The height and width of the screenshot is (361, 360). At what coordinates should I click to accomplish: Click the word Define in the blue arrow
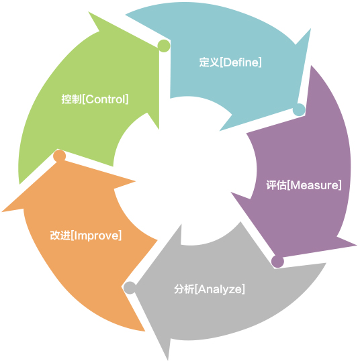[x=240, y=62]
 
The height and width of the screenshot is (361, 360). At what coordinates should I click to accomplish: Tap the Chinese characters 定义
[x=209, y=62]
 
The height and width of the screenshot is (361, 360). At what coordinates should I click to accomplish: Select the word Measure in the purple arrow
[x=314, y=185]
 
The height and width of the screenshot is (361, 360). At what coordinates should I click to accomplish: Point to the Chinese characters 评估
[x=276, y=185]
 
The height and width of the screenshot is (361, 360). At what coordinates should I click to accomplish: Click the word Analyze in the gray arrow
[x=220, y=289]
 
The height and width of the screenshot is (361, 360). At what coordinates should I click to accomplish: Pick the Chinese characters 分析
[x=184, y=289]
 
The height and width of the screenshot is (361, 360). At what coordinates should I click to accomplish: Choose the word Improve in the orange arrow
[x=96, y=236]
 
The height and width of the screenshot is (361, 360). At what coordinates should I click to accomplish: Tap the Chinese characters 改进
[x=60, y=236]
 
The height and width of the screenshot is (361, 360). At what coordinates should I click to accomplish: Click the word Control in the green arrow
[x=105, y=99]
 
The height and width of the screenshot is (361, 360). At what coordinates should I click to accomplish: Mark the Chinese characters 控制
[x=71, y=99]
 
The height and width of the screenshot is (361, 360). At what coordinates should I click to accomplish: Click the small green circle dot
[x=164, y=46]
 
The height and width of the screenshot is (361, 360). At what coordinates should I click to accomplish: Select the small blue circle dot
[x=299, y=110]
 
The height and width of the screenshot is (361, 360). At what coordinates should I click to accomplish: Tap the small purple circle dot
[x=277, y=262]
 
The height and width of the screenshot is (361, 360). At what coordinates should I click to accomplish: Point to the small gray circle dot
[x=130, y=288]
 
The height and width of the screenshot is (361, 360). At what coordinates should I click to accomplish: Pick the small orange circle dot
[x=60, y=156]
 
